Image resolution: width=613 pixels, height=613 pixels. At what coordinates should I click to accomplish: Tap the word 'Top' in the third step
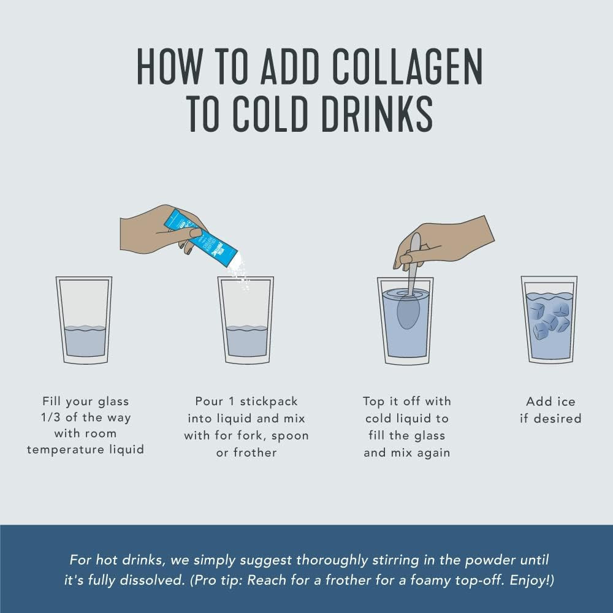click(x=373, y=402)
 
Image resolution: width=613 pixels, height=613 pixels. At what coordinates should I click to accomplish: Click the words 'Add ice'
click(x=550, y=402)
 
